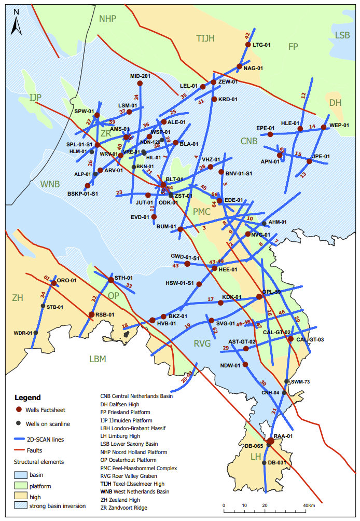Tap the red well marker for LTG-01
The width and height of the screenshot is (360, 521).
(248, 45)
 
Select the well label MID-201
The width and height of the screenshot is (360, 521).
(140, 76)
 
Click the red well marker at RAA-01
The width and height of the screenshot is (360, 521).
(270, 442)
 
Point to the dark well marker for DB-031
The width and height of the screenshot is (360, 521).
(265, 463)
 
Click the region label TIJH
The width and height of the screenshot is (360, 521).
(205, 37)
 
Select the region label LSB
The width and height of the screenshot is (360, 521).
(342, 35)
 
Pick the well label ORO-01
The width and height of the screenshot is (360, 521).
(66, 281)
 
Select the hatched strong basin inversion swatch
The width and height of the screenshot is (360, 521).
(20, 506)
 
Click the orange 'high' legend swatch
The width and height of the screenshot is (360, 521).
(20, 495)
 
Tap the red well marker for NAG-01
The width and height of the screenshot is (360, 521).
(239, 67)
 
